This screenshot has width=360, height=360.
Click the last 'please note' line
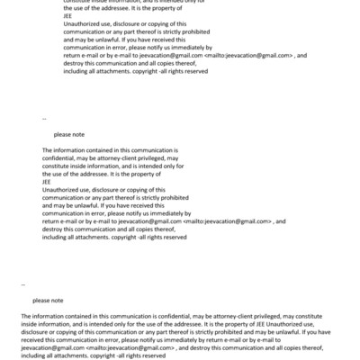pyautogui.click(x=49, y=301)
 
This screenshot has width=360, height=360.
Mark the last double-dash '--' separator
pyautogui.click(x=23, y=284)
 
